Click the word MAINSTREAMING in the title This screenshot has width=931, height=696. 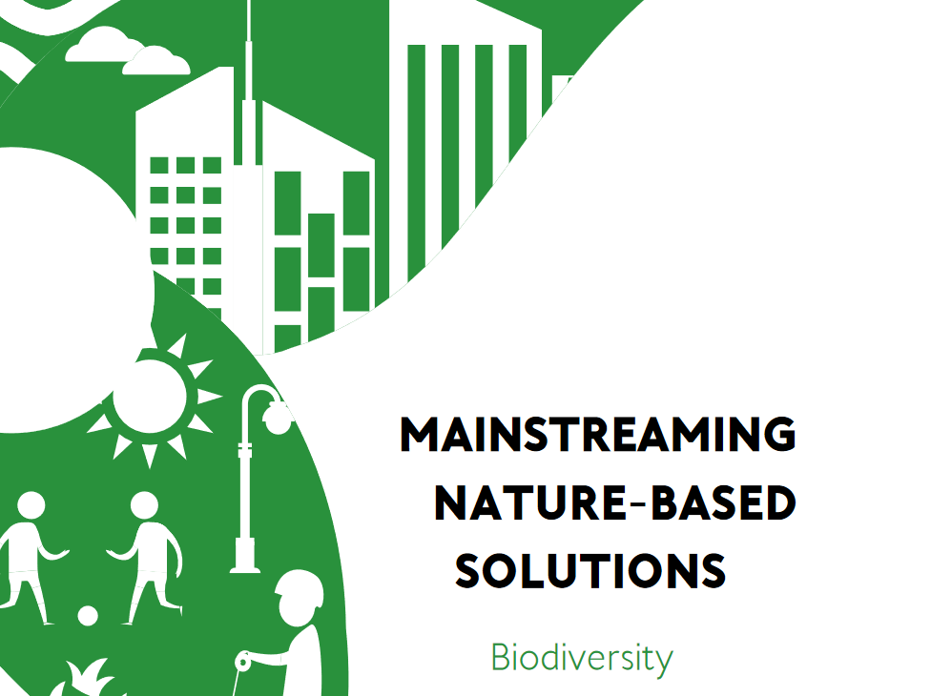click(598, 434)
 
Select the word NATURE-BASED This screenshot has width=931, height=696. click(615, 502)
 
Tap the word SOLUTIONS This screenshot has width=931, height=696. click(590, 571)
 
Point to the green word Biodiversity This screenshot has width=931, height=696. click(583, 658)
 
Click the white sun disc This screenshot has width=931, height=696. click(149, 397)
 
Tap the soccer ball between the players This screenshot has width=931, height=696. click(88, 616)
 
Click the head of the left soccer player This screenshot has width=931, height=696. click(31, 506)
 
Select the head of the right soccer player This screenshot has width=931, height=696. click(144, 506)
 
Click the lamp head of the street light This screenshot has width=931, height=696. click(278, 418)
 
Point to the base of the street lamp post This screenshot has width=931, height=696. click(245, 556)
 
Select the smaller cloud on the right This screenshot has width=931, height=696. click(156, 60)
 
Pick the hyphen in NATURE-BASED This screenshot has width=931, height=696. click(638, 504)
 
